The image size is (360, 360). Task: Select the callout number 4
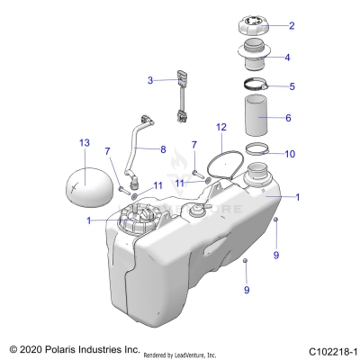(x=288, y=57)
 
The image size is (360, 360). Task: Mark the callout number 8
(x=163, y=148)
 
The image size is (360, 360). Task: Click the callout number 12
(x=221, y=128)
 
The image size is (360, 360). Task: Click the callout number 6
(x=288, y=118)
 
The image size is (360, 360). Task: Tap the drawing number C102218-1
(x=326, y=349)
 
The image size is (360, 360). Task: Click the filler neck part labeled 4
(x=254, y=58)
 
